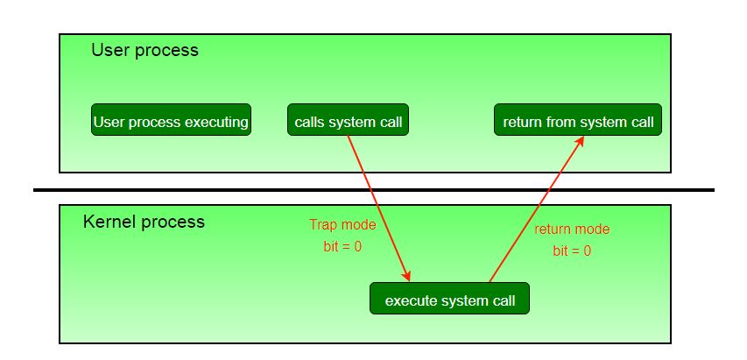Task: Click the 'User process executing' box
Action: (171, 121)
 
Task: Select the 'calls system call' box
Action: (349, 121)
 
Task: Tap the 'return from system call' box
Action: (578, 121)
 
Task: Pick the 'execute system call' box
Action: (450, 300)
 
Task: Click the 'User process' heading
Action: (144, 50)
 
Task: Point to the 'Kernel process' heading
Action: (144, 222)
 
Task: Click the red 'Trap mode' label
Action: (342, 225)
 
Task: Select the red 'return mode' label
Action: (572, 229)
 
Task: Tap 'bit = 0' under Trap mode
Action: (342, 247)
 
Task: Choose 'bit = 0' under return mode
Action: (572, 251)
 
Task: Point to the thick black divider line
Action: (374, 189)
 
